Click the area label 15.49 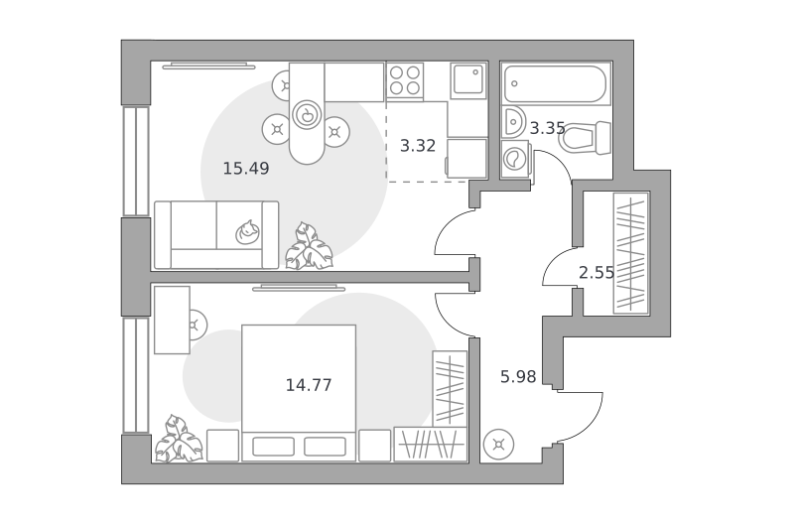pos(246,168)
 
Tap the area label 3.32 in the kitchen pos(418,146)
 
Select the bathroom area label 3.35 pos(548,128)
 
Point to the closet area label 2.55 pos(596,273)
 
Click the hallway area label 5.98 pos(518,377)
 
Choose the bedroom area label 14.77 pos(309,385)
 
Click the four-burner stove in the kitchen pos(405,81)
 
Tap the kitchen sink pos(467,80)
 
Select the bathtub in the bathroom pos(556,84)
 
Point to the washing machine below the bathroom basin pos(516,160)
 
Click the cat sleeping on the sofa pos(247,232)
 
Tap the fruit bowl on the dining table pos(307,115)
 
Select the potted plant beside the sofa pos(309,246)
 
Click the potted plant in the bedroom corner pos(179,439)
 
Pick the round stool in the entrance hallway pos(499,445)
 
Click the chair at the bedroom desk pos(197,325)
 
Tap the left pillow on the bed pos(274,447)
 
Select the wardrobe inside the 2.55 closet pos(631,253)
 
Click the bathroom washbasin pos(514,122)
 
